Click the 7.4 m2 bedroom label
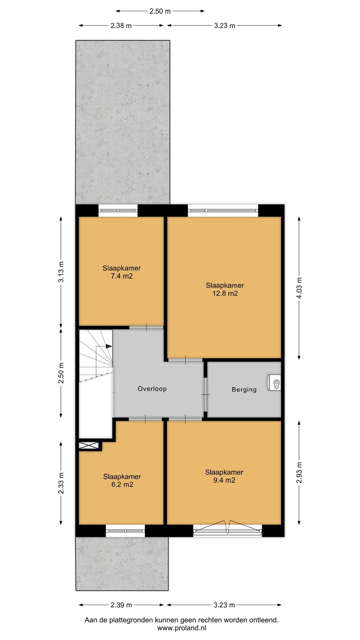pos(121,272)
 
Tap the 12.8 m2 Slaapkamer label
pos(225,289)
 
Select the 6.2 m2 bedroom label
pos(122,480)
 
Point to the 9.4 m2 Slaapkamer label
pos(224,476)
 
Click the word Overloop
pos(152,389)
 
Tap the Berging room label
pos(244,390)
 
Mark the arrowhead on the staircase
pos(109,346)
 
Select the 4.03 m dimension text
pos(299,288)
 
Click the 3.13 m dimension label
pos(61,272)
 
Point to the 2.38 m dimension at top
pos(121,26)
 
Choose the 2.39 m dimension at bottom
pos(121,605)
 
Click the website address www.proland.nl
pos(181,628)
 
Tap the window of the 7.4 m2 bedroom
pos(118,210)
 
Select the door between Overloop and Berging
pos(205,394)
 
